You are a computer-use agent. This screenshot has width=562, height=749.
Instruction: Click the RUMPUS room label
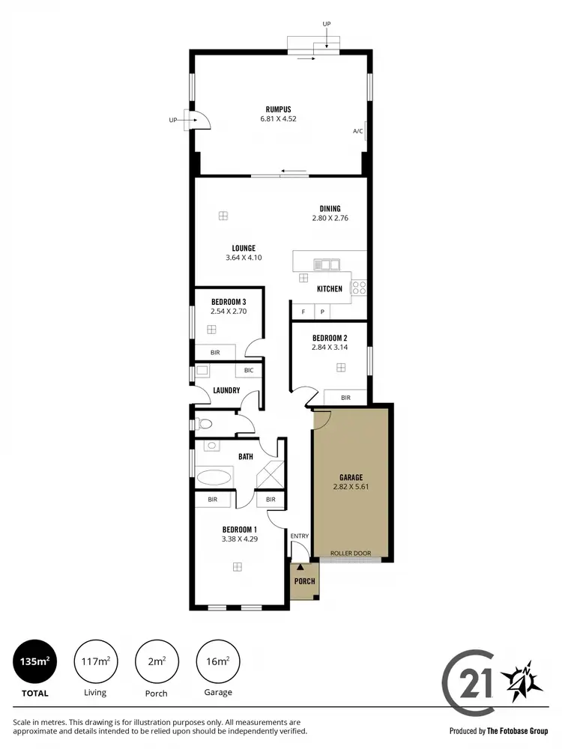click(x=278, y=109)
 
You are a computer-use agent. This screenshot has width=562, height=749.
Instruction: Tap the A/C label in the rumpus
click(x=357, y=131)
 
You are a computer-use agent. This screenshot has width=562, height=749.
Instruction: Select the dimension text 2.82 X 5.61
click(x=351, y=487)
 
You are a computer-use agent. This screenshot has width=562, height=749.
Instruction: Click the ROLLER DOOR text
click(x=351, y=554)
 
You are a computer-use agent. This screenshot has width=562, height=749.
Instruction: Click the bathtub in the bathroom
click(x=215, y=476)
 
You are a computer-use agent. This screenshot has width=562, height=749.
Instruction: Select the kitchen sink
click(x=327, y=264)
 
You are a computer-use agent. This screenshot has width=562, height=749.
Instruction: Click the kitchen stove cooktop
click(x=359, y=285)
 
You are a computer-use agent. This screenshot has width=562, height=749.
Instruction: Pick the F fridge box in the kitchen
click(x=303, y=312)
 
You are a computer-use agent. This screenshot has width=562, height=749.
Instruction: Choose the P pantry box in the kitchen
click(x=322, y=312)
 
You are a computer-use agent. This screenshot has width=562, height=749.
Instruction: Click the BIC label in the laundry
click(x=249, y=370)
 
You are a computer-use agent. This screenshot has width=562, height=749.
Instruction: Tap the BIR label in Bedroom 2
click(x=345, y=398)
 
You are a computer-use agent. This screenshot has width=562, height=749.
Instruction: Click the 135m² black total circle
click(x=34, y=661)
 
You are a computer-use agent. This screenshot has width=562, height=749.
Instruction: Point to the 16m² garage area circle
click(x=217, y=661)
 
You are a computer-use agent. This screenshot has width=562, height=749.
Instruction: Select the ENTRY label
click(x=300, y=536)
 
